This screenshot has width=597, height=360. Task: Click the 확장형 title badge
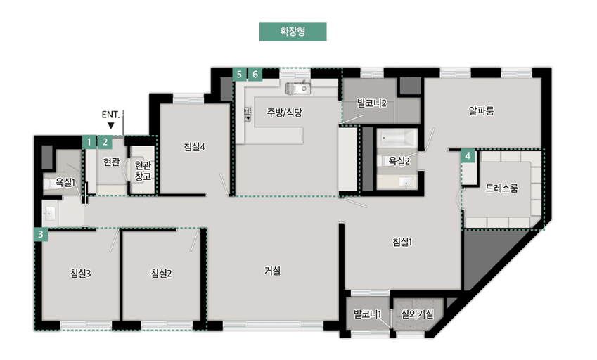click(x=293, y=32)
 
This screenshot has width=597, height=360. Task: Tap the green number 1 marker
click(x=89, y=141)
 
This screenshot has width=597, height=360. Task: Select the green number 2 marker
click(x=104, y=141)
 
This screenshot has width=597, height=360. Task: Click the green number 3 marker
click(x=41, y=235)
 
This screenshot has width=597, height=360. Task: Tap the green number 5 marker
click(x=240, y=74)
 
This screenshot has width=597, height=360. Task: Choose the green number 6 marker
click(x=255, y=74)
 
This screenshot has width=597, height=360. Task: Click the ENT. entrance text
click(x=111, y=114)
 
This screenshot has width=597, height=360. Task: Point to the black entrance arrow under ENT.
click(x=111, y=126)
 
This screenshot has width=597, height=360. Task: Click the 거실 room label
click(x=273, y=270)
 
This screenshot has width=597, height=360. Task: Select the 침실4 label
click(x=194, y=146)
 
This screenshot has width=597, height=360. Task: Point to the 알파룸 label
click(x=482, y=110)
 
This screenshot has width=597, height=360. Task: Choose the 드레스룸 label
click(x=502, y=188)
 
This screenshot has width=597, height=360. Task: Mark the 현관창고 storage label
click(x=143, y=172)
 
